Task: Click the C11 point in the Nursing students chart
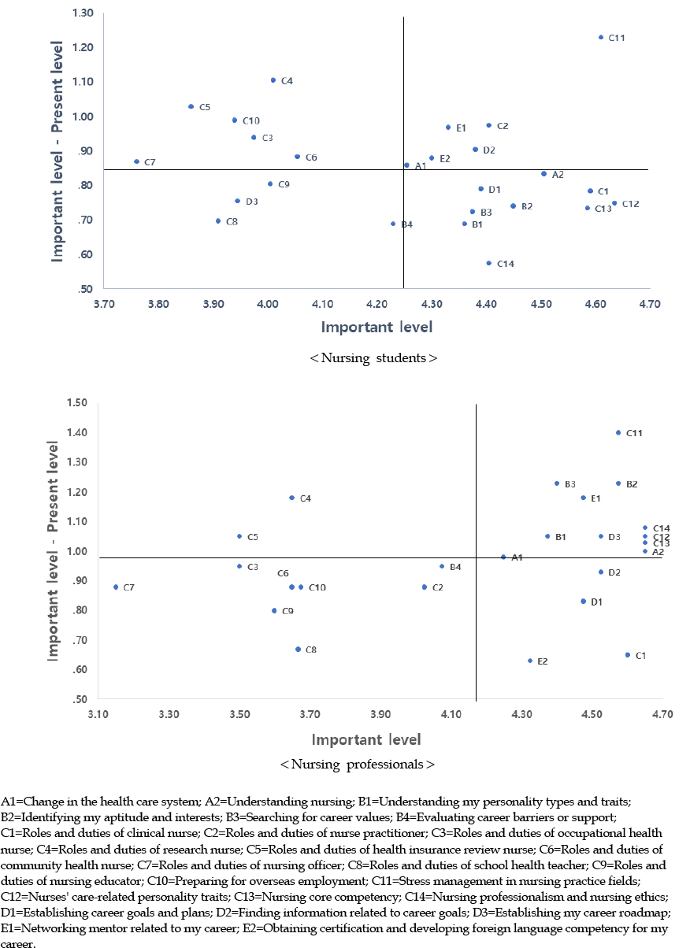pyautogui.click(x=601, y=37)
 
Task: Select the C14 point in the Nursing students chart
pyautogui.click(x=488, y=263)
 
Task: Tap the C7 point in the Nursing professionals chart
pyautogui.click(x=116, y=587)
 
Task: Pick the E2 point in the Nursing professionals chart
pyautogui.click(x=530, y=661)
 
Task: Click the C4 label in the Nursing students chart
pyautogui.click(x=287, y=81)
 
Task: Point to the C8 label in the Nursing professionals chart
pyautogui.click(x=311, y=650)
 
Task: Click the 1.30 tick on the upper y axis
pyautogui.click(x=82, y=13)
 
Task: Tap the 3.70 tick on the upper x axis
pyautogui.click(x=103, y=303)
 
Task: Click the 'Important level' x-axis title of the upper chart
pyautogui.click(x=377, y=326)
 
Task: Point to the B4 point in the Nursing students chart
pyautogui.click(x=393, y=224)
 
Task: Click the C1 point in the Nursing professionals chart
pyautogui.click(x=628, y=655)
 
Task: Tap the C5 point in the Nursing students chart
pyautogui.click(x=191, y=106)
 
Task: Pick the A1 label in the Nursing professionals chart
pyautogui.click(x=517, y=557)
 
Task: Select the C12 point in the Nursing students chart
pyautogui.click(x=614, y=203)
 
